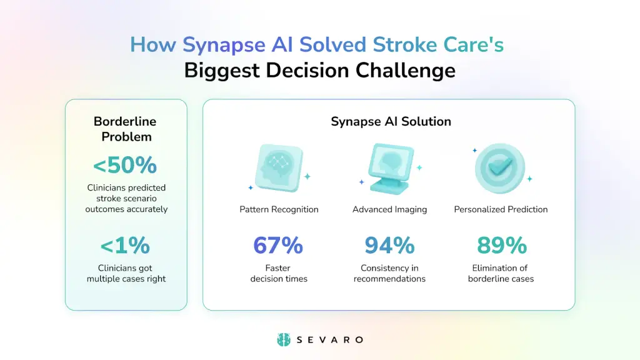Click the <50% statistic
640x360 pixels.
[125, 165]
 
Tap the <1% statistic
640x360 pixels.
[126, 246]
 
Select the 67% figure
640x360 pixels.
[278, 246]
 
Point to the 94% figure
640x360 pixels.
[389, 246]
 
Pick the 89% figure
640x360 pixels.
[501, 246]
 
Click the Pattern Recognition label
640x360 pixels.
[279, 209]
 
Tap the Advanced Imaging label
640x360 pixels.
[389, 209]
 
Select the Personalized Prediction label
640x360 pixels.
[501, 209]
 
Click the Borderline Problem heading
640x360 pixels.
[126, 129]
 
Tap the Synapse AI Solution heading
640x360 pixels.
[391, 121]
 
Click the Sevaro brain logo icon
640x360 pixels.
[284, 339]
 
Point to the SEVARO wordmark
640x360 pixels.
[330, 339]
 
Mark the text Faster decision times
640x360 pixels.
[279, 273]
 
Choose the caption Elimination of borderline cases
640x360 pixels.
[501, 273]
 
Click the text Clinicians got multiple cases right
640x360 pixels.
[126, 273]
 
